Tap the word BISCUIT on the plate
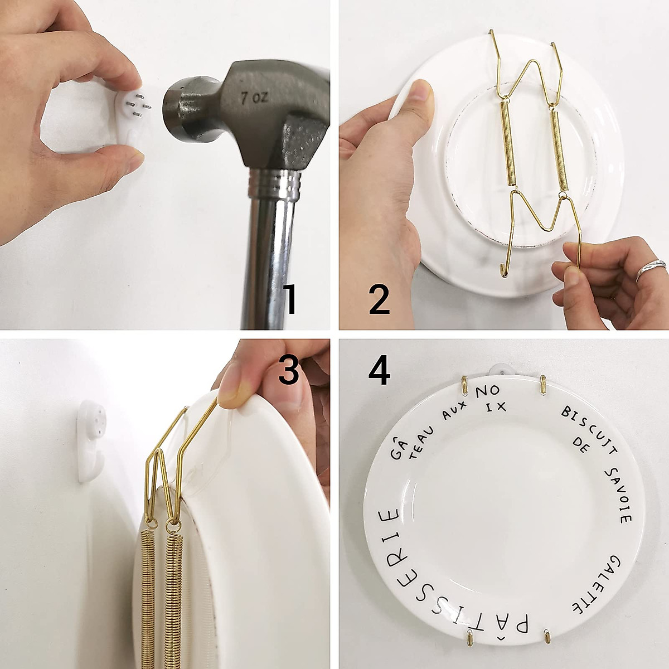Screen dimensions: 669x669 [585, 426]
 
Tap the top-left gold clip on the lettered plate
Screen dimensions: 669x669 [464, 385]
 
